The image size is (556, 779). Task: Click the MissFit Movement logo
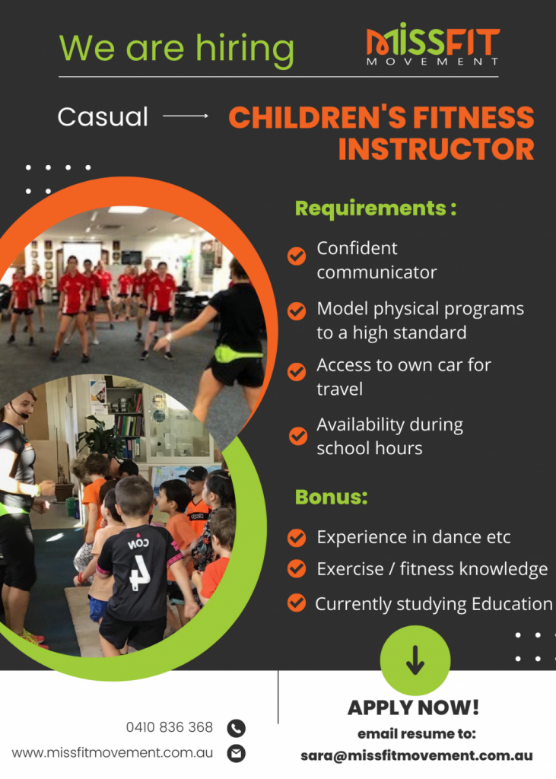point(433,45)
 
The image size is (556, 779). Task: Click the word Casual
point(103,117)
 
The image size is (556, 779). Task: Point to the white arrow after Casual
point(186,116)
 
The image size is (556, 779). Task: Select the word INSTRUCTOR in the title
point(437,149)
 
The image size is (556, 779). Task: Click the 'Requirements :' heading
point(376,208)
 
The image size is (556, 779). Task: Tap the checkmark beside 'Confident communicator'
point(297,256)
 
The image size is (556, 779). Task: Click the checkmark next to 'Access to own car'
point(297,371)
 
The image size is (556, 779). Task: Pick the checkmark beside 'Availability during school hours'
point(297,436)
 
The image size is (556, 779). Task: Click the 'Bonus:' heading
point(332,498)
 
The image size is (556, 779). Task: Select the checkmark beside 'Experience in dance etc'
point(297,537)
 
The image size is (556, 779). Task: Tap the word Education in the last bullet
point(512,604)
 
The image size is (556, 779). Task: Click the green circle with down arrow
point(415,660)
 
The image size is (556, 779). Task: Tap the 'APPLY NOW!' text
point(414,708)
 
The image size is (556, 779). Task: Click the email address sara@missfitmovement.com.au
point(416,756)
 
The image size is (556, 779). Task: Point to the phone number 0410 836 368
point(169,727)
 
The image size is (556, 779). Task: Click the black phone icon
point(236,728)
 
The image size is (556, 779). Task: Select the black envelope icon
point(236,754)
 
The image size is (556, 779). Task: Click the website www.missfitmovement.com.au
point(113,753)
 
